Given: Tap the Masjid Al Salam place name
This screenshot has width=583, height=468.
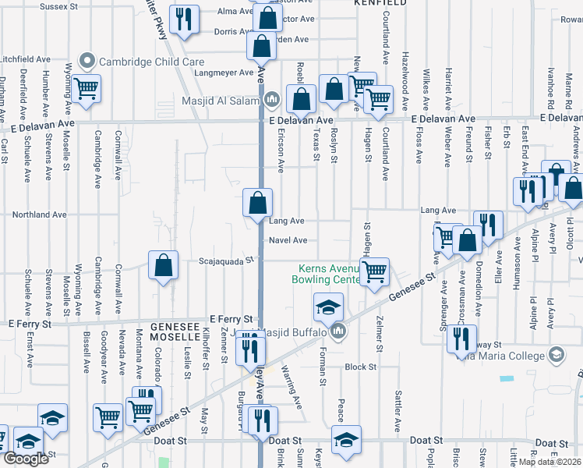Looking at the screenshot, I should coord(223,99).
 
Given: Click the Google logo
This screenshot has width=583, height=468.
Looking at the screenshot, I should coord(26,459).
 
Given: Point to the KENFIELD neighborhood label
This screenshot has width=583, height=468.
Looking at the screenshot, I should coord(380,3).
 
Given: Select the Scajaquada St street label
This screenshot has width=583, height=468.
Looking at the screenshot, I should coord(226,261).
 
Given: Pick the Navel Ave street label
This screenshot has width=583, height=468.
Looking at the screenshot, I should coord(288,240).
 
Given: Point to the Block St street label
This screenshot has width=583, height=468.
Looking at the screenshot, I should coord(361,366).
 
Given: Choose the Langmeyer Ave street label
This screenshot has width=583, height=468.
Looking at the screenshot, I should coord(224,73).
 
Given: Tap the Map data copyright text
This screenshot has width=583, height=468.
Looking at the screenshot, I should coord(549,462).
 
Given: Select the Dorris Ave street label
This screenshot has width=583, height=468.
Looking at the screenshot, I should coord(231,32).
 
